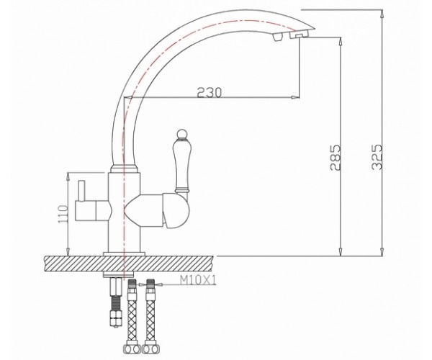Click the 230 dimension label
click(x=210, y=93)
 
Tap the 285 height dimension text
click(x=336, y=157)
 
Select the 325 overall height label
click(x=377, y=157)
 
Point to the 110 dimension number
click(x=63, y=214)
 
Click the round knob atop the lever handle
click(x=181, y=134)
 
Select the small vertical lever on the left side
click(x=81, y=191)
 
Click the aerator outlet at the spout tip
click(x=299, y=35)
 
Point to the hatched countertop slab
click(x=128, y=264)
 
